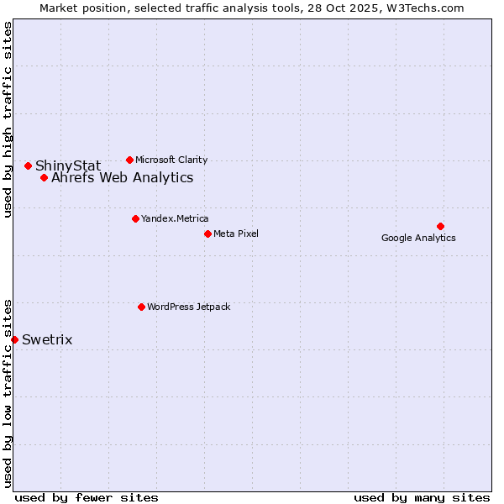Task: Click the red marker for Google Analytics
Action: [x=440, y=226]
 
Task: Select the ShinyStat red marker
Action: [x=28, y=165]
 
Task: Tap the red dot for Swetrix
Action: [x=14, y=339]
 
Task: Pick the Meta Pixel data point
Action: [x=207, y=234]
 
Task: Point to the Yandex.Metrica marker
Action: [x=135, y=218]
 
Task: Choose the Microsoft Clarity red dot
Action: [x=129, y=160]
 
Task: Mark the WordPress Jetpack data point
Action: [x=141, y=307]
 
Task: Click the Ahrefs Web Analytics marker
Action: [x=44, y=177]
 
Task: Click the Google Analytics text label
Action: [x=418, y=238]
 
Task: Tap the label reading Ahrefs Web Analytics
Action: [x=122, y=178]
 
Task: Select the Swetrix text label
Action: [x=47, y=340]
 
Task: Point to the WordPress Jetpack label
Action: [x=188, y=307]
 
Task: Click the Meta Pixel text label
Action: [x=236, y=234]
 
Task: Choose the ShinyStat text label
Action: [x=68, y=166]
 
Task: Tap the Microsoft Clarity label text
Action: [x=171, y=160]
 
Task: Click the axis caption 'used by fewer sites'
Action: [x=87, y=497]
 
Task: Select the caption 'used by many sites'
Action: [x=422, y=497]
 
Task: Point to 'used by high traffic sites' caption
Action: [x=8, y=119]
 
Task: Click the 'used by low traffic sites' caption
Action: [x=8, y=392]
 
